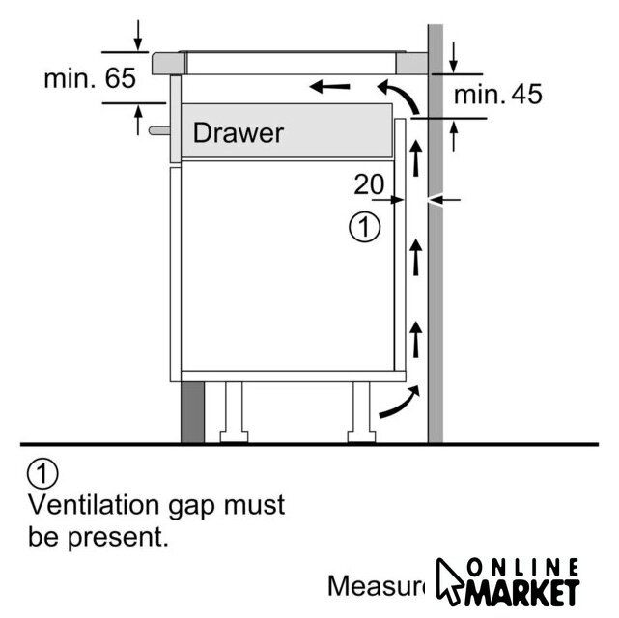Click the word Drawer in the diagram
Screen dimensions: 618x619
coord(239,132)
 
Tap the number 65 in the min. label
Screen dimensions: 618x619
coord(121,79)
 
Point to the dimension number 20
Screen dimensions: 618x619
coord(370,183)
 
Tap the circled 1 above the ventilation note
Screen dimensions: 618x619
coord(42,474)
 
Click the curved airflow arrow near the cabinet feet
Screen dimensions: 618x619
coord(399,404)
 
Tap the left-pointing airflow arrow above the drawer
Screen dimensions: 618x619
coord(330,88)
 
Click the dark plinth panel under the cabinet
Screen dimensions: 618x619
coord(191,409)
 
